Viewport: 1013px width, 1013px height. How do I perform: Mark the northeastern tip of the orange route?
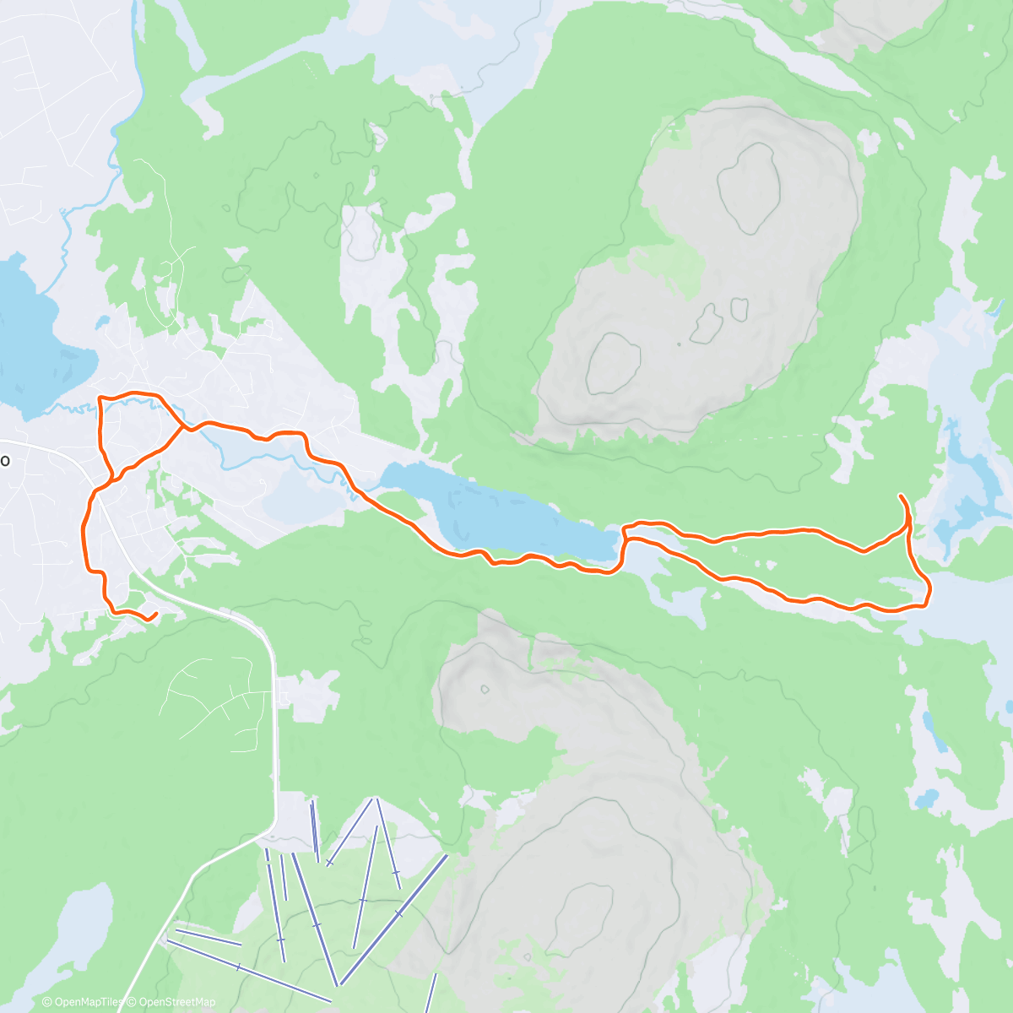902,496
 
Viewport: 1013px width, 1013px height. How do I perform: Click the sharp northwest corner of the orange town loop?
100,397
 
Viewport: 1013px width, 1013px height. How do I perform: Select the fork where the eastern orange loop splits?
626,532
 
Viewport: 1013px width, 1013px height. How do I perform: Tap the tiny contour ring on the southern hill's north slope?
485,689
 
